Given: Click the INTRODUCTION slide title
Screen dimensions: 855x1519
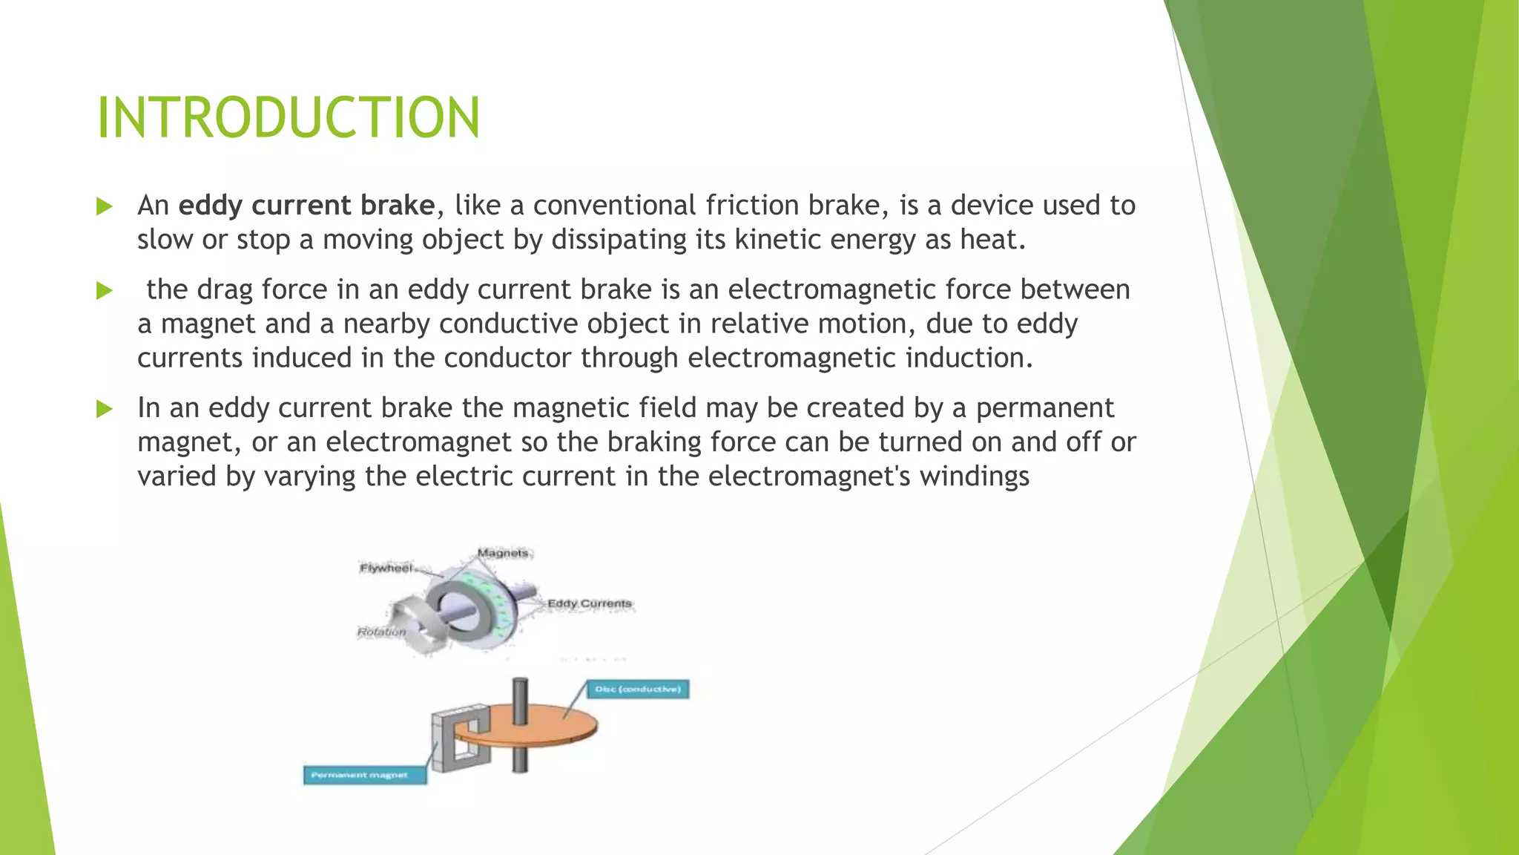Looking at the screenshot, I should tap(289, 119).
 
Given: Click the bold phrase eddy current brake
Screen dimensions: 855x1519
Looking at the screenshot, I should tap(306, 206).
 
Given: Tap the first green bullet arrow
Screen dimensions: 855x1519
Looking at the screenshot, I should tap(105, 206).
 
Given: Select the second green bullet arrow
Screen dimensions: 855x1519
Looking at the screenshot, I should tap(105, 290).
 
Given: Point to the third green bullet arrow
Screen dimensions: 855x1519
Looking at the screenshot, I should tap(105, 409).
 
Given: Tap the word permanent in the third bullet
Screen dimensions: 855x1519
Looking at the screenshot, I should tap(1044, 408).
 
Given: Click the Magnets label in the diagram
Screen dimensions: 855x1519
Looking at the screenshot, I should tap(503, 553).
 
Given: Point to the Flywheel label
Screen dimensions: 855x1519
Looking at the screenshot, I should tap(386, 569).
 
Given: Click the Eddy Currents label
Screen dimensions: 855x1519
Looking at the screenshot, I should tap(590, 603).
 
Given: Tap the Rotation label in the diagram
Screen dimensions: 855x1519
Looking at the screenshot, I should tap(381, 632).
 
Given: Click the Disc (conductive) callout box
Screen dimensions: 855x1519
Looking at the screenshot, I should tap(638, 689).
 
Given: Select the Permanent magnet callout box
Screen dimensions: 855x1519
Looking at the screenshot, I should tap(364, 776).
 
